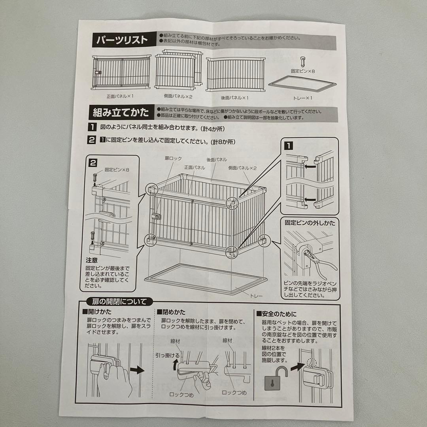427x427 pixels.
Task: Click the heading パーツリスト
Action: click(121, 40)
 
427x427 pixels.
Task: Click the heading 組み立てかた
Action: click(121, 113)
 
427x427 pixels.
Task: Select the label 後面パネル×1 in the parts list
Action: click(234, 97)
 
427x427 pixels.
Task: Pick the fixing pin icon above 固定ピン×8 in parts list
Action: click(303, 61)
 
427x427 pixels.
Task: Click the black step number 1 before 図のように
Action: click(92, 128)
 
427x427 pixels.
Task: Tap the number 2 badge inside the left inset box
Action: click(93, 162)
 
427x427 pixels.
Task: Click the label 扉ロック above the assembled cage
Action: click(173, 158)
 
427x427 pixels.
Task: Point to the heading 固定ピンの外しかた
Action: click(310, 223)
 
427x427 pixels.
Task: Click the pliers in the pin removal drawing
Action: click(320, 259)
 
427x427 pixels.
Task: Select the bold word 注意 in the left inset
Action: click(92, 261)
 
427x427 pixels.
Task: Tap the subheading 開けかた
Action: click(97, 312)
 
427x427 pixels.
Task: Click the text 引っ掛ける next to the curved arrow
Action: click(167, 355)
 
